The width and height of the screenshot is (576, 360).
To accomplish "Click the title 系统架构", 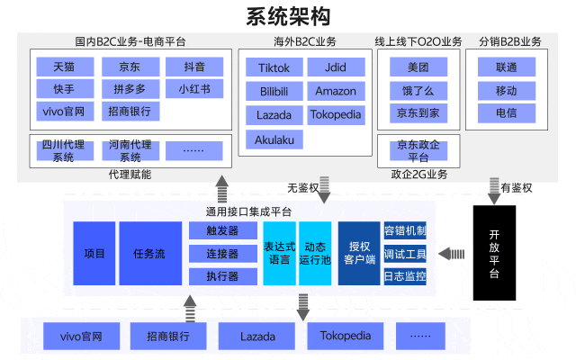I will [x=288, y=15].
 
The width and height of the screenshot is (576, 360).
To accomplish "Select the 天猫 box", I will [x=64, y=67].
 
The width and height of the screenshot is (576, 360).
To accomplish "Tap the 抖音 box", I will [x=193, y=67].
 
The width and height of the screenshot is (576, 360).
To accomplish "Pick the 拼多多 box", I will [x=130, y=89].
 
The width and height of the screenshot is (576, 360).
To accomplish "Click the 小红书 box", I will [x=193, y=89].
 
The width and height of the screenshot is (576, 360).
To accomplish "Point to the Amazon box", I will [x=336, y=92].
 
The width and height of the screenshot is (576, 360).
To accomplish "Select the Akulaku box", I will [x=274, y=139].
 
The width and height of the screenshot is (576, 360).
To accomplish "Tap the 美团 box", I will [x=417, y=67].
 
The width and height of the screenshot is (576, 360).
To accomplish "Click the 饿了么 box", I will [x=417, y=90].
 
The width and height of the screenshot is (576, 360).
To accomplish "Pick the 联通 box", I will [x=507, y=67].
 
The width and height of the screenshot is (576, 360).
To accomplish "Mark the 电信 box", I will [x=507, y=112].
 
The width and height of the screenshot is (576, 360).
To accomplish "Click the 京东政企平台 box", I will [x=418, y=150].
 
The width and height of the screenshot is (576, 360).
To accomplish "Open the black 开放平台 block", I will [x=494, y=253].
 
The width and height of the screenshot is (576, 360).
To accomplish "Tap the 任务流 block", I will [x=148, y=254].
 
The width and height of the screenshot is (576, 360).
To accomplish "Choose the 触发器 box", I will [x=220, y=230].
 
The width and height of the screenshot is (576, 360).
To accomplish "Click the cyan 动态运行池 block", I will [x=315, y=254].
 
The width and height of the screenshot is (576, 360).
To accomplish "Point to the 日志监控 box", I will [x=405, y=276].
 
